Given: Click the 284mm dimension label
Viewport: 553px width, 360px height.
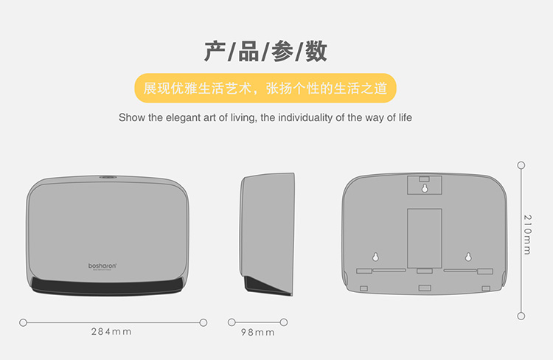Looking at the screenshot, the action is click(x=111, y=332).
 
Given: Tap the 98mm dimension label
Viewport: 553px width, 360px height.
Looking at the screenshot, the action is click(x=258, y=332).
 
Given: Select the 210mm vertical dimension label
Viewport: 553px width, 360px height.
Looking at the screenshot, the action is click(x=527, y=235).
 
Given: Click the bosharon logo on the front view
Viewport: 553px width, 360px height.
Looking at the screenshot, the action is click(x=102, y=266).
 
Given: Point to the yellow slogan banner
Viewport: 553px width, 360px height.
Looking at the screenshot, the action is click(x=265, y=89).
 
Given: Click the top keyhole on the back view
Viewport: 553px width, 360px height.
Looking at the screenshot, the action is click(x=425, y=188).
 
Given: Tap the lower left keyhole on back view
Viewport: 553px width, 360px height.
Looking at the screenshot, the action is click(x=375, y=257).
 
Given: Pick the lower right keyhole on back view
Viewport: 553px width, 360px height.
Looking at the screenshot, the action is click(x=468, y=257).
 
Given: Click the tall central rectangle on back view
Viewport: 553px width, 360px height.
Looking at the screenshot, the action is click(x=425, y=238).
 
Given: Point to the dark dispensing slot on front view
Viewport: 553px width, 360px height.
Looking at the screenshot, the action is click(x=107, y=286).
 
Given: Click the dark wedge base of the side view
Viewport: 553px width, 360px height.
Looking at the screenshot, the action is click(x=268, y=286).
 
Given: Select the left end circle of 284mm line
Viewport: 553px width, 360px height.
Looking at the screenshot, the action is click(x=24, y=322).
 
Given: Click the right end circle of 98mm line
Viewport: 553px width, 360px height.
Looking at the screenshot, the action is click(x=284, y=322).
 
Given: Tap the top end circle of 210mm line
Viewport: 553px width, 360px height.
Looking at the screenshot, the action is click(x=521, y=165).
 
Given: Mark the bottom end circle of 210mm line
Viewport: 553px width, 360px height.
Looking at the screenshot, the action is click(x=521, y=316).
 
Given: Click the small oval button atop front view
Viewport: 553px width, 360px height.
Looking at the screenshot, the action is click(x=108, y=177).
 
